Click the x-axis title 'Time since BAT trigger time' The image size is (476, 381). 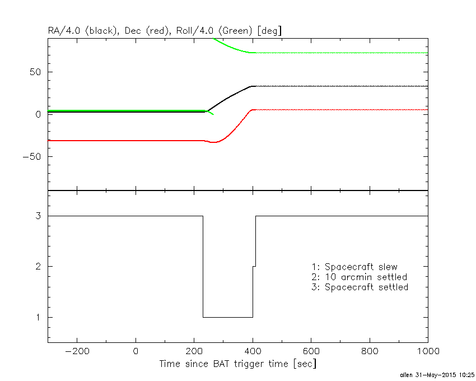click(x=237, y=364)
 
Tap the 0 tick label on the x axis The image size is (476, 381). click(x=136, y=351)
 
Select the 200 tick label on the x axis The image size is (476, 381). click(x=194, y=351)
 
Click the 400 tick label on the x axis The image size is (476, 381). click(x=253, y=351)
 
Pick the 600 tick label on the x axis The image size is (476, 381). click(x=311, y=351)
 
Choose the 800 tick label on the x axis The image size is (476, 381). click(x=370, y=351)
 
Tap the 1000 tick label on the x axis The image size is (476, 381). click(x=426, y=351)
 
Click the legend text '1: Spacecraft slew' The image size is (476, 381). click(x=354, y=267)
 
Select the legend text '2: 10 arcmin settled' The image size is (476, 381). click(x=359, y=277)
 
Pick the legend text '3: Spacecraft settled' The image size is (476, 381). click(x=360, y=287)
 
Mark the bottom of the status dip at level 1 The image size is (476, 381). click(x=227, y=317)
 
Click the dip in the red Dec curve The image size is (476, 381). click(x=213, y=142)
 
